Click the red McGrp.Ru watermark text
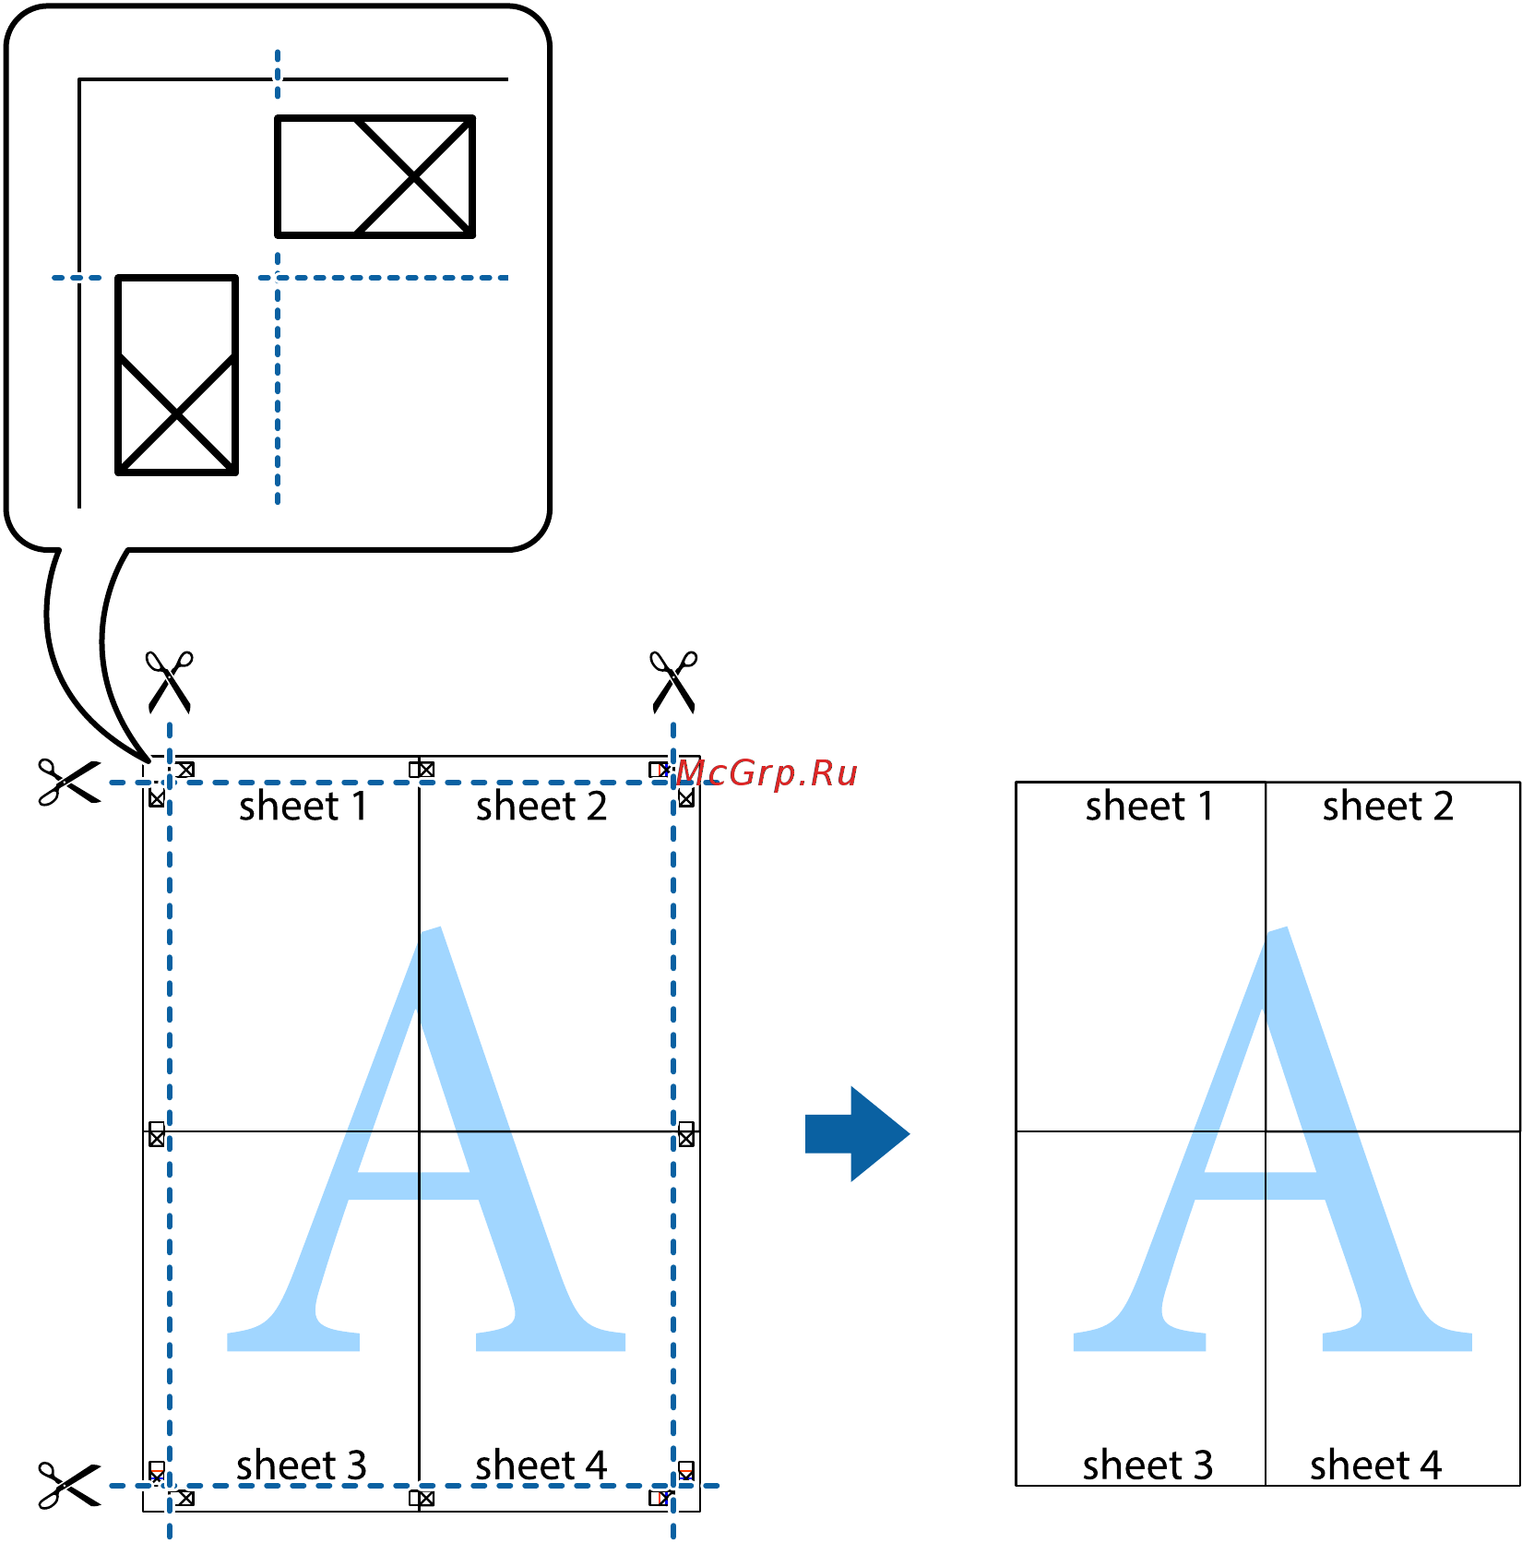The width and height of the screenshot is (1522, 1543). (x=767, y=773)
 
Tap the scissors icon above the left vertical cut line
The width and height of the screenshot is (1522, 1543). (x=170, y=682)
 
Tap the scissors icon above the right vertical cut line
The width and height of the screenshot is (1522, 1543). (x=674, y=682)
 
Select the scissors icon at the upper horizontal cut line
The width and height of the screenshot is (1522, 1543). (x=69, y=783)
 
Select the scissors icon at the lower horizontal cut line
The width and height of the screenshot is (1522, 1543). (x=69, y=1485)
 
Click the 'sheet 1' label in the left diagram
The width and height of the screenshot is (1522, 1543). (x=303, y=807)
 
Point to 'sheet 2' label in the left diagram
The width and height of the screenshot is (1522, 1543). (x=541, y=807)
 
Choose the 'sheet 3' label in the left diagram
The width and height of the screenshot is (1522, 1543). (x=302, y=1465)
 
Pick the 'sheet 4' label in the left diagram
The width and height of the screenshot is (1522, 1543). (x=541, y=1465)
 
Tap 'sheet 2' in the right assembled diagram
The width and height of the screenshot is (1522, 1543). (x=1388, y=807)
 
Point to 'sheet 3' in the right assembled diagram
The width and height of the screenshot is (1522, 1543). (x=1148, y=1465)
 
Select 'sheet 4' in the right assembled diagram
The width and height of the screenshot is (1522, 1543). (x=1376, y=1465)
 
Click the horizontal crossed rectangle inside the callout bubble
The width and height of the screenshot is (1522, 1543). (x=375, y=176)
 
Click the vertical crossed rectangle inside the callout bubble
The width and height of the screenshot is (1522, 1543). (x=176, y=375)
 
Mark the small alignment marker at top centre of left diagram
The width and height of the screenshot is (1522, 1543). (x=422, y=770)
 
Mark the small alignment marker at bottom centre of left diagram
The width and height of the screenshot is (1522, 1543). (x=422, y=1498)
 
